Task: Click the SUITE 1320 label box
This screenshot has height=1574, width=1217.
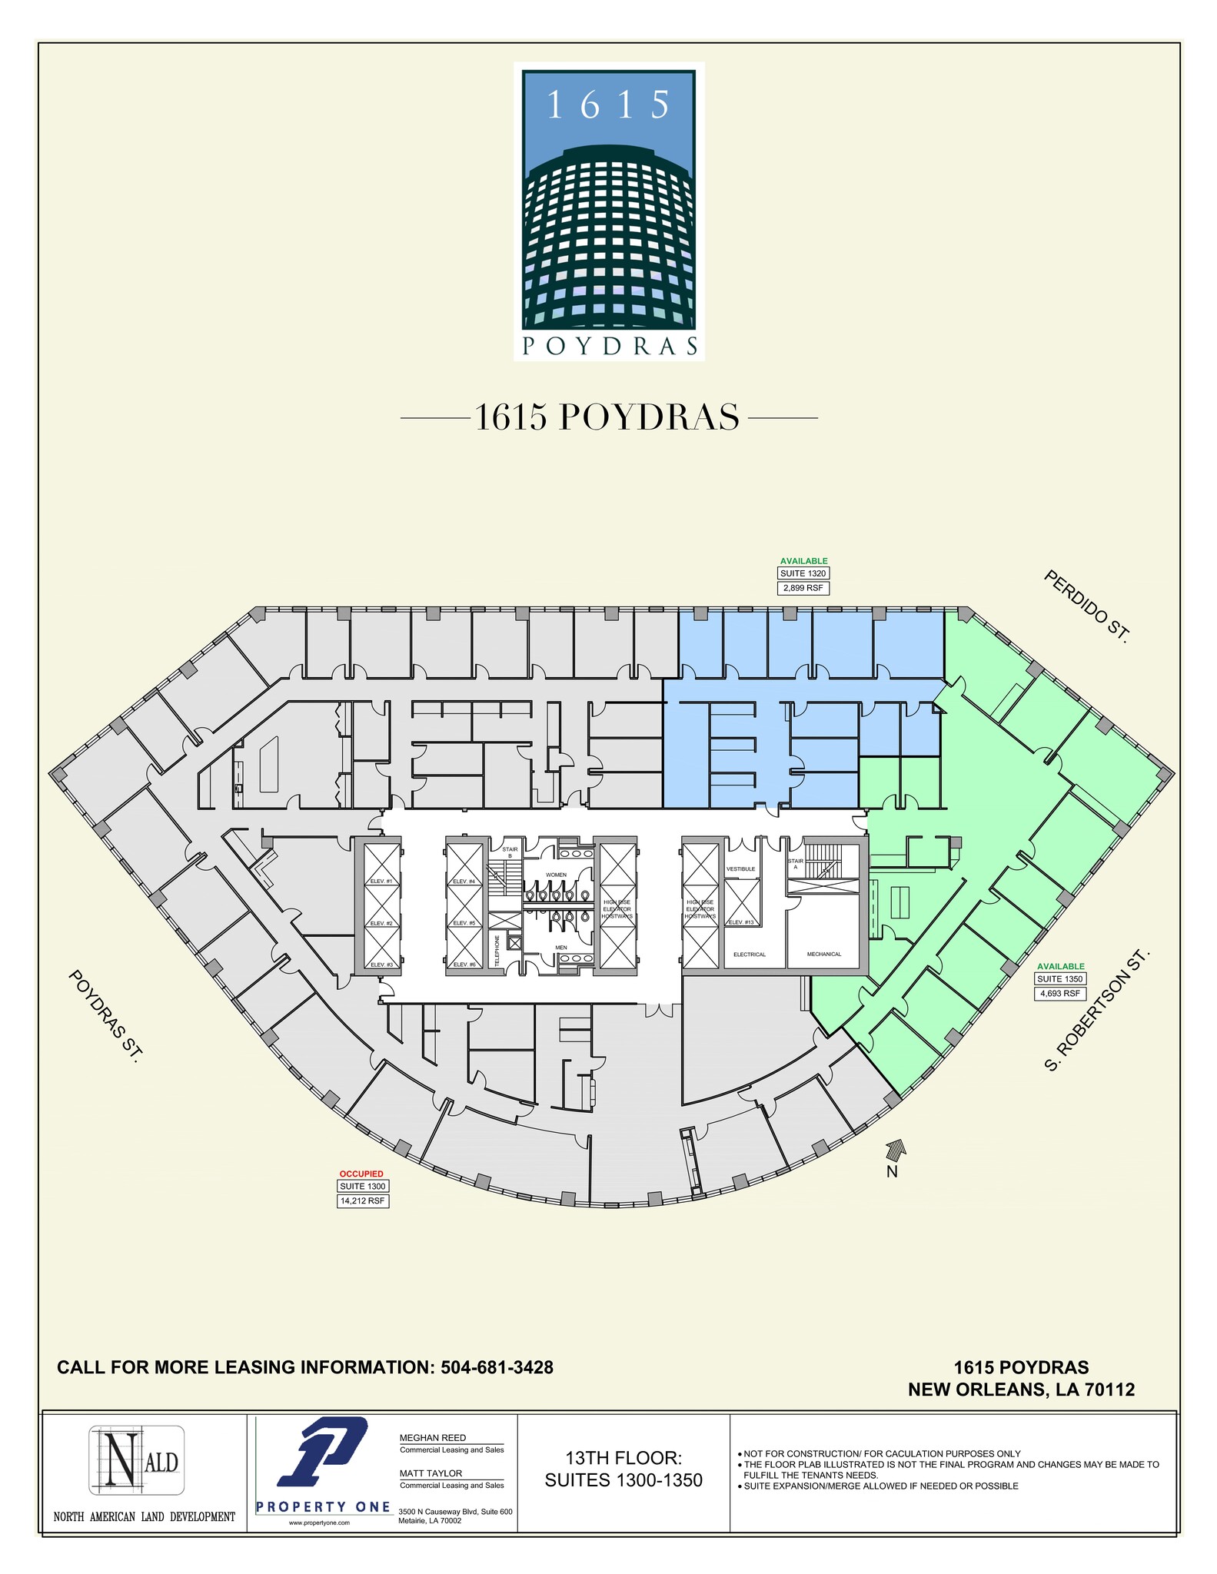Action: tap(803, 573)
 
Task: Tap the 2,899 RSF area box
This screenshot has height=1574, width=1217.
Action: tap(803, 589)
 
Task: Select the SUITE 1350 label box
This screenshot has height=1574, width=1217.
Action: tap(1060, 979)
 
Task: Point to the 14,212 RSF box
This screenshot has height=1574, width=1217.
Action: tap(364, 1201)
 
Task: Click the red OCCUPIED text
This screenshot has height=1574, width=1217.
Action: tap(361, 1174)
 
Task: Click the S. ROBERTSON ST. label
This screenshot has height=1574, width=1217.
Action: tap(1098, 1010)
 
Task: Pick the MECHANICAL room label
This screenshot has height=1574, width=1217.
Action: tap(824, 954)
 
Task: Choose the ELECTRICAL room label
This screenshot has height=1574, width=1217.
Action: tap(750, 955)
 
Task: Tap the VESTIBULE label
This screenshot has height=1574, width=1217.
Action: tap(741, 869)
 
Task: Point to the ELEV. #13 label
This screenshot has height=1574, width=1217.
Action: tap(740, 922)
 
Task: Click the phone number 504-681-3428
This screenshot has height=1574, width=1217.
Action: tap(497, 1367)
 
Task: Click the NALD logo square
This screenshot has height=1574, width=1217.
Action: tap(137, 1460)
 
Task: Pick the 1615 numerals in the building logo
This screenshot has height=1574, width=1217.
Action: tap(608, 105)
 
